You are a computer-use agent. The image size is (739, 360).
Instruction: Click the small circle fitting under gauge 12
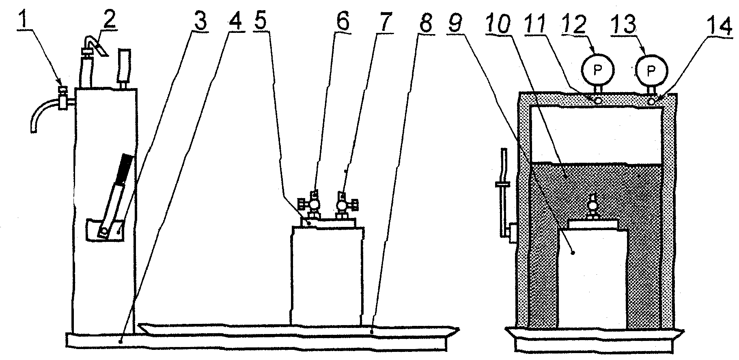(x=598, y=99)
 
